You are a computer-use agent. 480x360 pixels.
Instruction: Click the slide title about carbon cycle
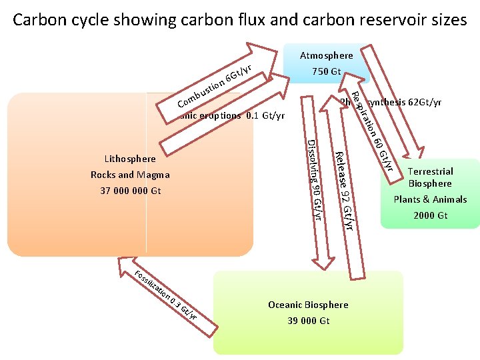[240, 20]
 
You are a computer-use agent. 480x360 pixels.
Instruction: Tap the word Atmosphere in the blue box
[326, 56]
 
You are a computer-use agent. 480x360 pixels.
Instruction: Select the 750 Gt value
[326, 71]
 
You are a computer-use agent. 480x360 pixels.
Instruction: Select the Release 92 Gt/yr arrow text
[344, 191]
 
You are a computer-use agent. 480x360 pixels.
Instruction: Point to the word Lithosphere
[130, 159]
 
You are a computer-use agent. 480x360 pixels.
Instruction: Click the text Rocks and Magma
[130, 175]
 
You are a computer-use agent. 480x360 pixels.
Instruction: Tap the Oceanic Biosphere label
[308, 305]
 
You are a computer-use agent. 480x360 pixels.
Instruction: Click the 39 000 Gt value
[308, 321]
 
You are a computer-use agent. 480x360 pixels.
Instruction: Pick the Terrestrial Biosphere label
[430, 177]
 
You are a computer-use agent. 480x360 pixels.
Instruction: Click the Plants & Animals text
[430, 199]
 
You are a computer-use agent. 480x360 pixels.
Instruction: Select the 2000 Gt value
[430, 215]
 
